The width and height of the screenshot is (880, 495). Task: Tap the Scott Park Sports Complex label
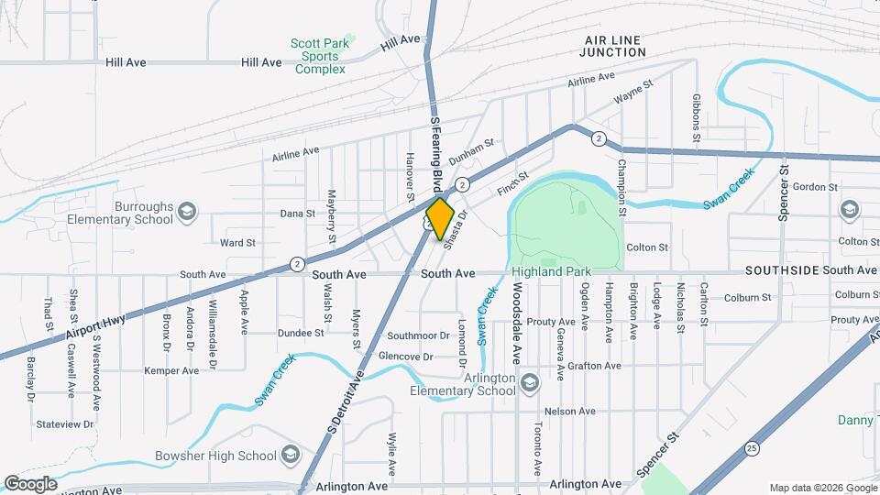(318, 56)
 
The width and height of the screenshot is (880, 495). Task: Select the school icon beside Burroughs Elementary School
(187, 213)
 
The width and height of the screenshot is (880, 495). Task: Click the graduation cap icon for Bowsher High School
(290, 456)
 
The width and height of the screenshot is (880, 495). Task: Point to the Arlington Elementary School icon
(528, 381)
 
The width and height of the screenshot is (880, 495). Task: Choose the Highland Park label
(551, 272)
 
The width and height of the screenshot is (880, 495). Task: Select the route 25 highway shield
(752, 449)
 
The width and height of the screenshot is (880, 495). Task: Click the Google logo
(30, 483)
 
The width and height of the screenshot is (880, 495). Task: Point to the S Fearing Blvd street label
(436, 152)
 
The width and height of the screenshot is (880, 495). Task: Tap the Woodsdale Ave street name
(518, 313)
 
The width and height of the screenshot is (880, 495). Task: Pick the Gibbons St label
(697, 116)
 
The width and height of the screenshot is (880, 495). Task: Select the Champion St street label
(621, 187)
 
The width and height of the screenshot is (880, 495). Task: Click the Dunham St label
(476, 143)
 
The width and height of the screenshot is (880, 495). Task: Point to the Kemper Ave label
(171, 371)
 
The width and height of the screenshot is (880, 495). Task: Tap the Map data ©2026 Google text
(821, 487)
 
